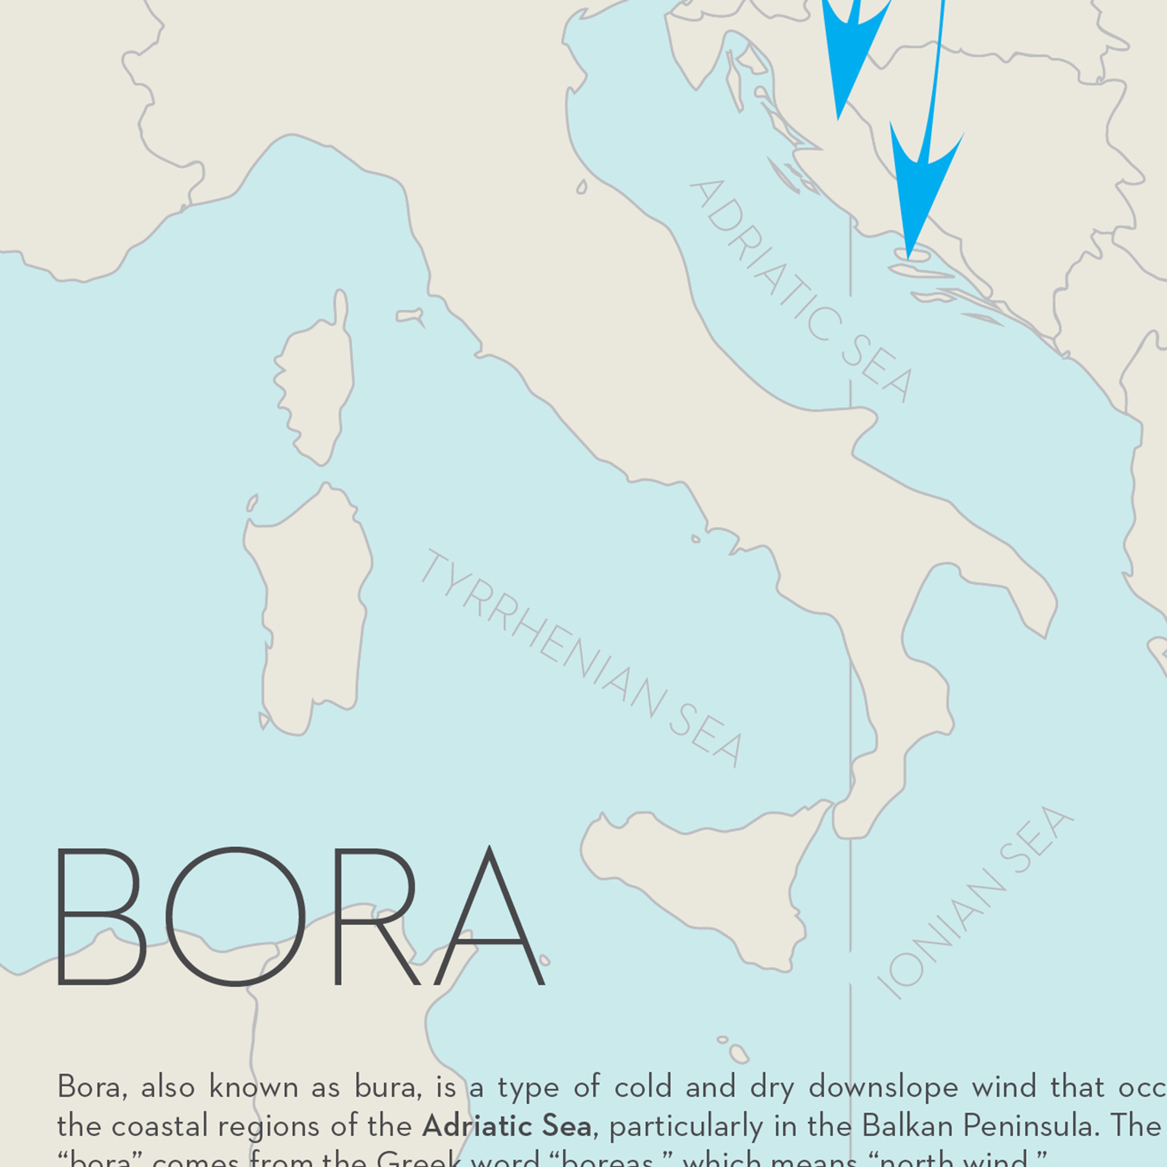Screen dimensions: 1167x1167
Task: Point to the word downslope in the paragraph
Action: (x=883, y=1086)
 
